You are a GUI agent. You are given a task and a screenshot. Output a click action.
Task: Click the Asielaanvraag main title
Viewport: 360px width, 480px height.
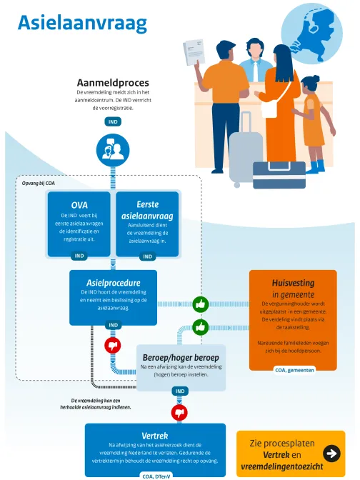click(x=82, y=24)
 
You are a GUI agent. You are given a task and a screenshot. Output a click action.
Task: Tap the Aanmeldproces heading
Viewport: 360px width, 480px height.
click(x=113, y=83)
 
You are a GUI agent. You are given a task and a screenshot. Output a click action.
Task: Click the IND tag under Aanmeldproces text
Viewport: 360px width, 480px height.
click(x=113, y=122)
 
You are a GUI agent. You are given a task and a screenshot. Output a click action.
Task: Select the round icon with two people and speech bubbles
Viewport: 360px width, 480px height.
click(x=113, y=150)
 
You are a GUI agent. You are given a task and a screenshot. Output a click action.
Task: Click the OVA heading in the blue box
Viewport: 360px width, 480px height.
click(x=79, y=205)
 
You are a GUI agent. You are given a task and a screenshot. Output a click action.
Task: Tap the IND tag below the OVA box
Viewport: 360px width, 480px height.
click(x=79, y=256)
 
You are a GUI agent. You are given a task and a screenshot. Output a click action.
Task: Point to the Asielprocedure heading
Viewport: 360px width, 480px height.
click(x=114, y=283)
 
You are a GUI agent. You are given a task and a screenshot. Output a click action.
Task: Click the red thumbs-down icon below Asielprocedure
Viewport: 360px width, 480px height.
click(x=113, y=346)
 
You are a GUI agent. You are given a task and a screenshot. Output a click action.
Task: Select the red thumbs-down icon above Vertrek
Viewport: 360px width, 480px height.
click(x=179, y=412)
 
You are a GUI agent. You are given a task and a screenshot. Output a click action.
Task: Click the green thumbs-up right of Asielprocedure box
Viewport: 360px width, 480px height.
click(x=201, y=304)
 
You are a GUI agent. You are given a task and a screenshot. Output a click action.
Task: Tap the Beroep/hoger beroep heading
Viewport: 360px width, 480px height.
click(x=181, y=357)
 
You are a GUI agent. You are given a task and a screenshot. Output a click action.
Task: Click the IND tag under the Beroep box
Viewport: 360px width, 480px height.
click(x=180, y=391)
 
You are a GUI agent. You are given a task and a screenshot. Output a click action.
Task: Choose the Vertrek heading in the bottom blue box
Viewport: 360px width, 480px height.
click(x=155, y=436)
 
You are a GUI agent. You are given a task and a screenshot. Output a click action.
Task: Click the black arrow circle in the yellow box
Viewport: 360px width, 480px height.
click(x=331, y=454)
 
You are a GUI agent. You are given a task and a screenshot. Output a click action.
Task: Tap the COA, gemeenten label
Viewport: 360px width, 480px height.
click(x=294, y=370)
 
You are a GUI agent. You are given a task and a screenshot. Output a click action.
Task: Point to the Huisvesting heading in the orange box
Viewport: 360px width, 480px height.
click(x=294, y=283)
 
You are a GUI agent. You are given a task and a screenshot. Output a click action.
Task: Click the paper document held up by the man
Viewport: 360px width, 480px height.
click(x=194, y=51)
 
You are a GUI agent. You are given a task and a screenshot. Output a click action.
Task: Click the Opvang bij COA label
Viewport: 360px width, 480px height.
click(x=39, y=184)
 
